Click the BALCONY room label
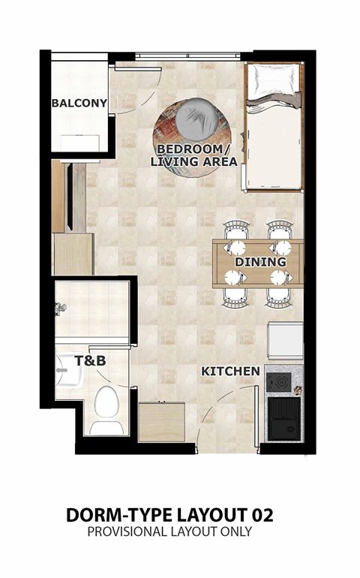pyautogui.click(x=79, y=103)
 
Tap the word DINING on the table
pyautogui.click(x=260, y=262)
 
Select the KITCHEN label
pyautogui.click(x=230, y=372)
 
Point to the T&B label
pyautogui.click(x=90, y=360)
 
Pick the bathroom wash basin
pyautogui.click(x=69, y=371)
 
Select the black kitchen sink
pyautogui.click(x=283, y=419)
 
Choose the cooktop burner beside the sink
pyautogui.click(x=278, y=383)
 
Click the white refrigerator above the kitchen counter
pyautogui.click(x=286, y=341)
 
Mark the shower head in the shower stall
pyautogui.click(x=59, y=309)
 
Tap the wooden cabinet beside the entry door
pyautogui.click(x=162, y=422)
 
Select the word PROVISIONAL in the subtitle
pyautogui.click(x=127, y=531)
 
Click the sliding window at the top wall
pyautogui.click(x=188, y=56)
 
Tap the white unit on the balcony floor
pyautogui.click(x=80, y=144)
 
